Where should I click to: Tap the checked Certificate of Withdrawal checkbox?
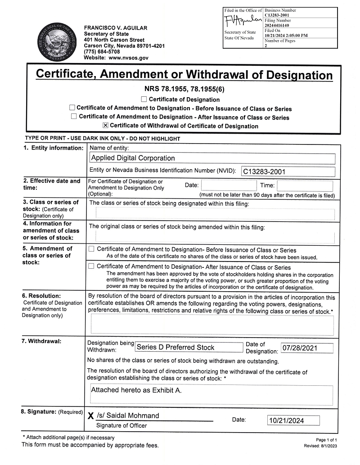pyautogui.click(x=106, y=126)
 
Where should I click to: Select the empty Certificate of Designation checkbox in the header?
pyautogui.click(x=144, y=99)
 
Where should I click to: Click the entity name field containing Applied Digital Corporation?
pyautogui.click(x=212, y=158)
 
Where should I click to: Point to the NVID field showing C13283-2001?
pyautogui.click(x=288, y=172)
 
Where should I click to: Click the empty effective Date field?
pyautogui.click(x=229, y=185)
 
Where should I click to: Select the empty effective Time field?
pyautogui.click(x=305, y=185)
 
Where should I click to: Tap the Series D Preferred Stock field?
pyautogui.click(x=189, y=348)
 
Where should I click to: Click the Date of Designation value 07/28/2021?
pyautogui.click(x=307, y=348)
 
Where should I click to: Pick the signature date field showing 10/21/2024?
pyautogui.click(x=293, y=420)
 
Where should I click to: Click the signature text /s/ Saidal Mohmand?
pyautogui.click(x=128, y=415)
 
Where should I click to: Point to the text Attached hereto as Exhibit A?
pyautogui.click(x=136, y=390)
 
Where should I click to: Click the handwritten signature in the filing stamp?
pyautogui.click(x=243, y=21)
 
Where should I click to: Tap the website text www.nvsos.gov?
pyautogui.click(x=128, y=58)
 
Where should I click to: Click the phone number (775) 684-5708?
pyautogui.click(x=102, y=52)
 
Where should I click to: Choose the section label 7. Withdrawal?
pyautogui.click(x=42, y=341)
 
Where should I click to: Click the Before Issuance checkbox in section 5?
pyautogui.click(x=91, y=249)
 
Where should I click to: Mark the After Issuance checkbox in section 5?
pyautogui.click(x=91, y=266)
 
